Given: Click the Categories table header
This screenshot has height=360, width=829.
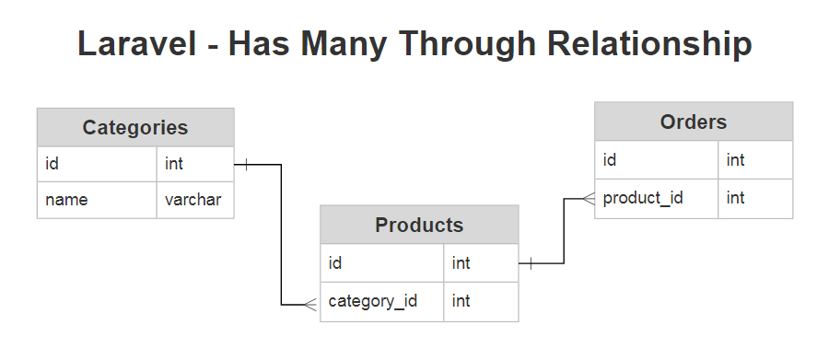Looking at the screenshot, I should (x=135, y=128).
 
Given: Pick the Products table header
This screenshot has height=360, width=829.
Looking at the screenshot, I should (x=419, y=225).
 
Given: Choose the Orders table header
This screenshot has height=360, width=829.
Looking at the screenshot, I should (x=693, y=122).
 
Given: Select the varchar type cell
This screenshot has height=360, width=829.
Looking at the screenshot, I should (x=194, y=199).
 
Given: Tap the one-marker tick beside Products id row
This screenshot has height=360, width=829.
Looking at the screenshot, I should (x=531, y=264).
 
